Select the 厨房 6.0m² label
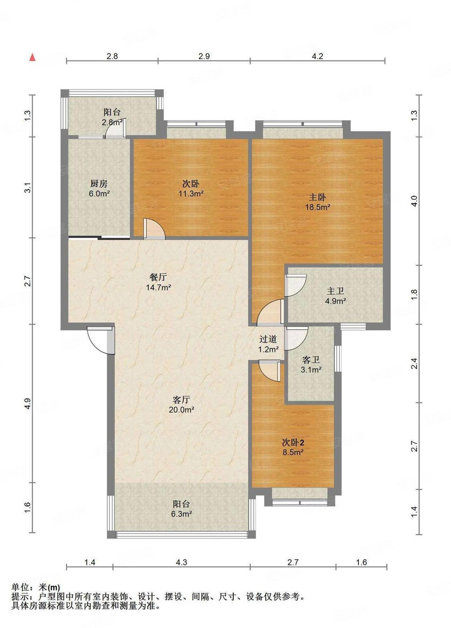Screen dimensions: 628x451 click(99, 188)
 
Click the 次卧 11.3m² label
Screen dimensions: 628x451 click(191, 189)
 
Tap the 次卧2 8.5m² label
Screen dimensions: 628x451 click(293, 447)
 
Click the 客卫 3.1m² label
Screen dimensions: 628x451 click(311, 365)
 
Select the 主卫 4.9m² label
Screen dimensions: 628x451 click(335, 296)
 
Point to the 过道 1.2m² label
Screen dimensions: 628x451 click(268, 344)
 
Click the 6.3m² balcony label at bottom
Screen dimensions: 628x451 click(181, 508)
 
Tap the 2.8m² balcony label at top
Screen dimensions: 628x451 click(112, 117)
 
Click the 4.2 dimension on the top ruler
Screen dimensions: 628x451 click(317, 56)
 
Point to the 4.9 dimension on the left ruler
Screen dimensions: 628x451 click(27, 403)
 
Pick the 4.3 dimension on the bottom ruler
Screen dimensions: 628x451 click(181, 562)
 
